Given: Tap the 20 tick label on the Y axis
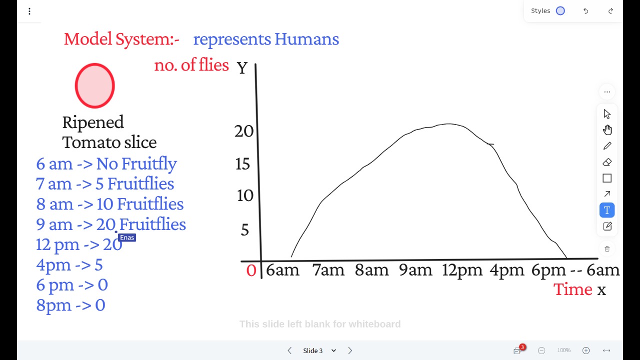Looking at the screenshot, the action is point(244,131).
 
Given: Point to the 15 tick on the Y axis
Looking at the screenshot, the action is point(242,164).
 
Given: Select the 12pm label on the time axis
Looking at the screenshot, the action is point(462,270).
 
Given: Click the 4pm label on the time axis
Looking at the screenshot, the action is point(507,270).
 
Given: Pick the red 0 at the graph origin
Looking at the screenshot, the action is point(251,270).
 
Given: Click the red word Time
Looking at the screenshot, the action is point(573,289).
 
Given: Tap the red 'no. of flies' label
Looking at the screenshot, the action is point(191,64).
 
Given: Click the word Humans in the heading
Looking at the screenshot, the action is point(306,39).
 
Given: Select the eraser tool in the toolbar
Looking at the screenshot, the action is point(607,162).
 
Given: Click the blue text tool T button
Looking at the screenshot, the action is point(607,210).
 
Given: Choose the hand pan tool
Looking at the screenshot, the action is point(607,129).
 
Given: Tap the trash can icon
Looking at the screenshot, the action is point(607,249).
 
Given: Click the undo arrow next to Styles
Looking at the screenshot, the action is point(585,11).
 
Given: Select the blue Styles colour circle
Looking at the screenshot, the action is point(560,11).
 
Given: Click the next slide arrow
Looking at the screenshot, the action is point(350,350).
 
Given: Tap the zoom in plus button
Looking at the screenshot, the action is point(586,350).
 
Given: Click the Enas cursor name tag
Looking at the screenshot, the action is point(127,237).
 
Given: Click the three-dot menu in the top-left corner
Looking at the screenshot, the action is point(29,11).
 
